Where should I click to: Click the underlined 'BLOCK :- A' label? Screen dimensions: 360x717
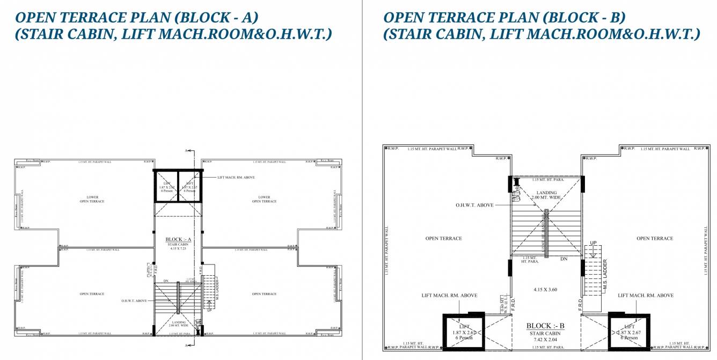pyautogui.click(x=178, y=239)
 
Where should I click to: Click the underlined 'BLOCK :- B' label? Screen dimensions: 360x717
pyautogui.click(x=546, y=326)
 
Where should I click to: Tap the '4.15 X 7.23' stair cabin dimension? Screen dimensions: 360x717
pyautogui.click(x=178, y=248)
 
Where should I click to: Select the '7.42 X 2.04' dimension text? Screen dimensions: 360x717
pyautogui.click(x=546, y=340)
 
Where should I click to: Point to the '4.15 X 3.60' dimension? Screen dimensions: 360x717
pyautogui.click(x=546, y=289)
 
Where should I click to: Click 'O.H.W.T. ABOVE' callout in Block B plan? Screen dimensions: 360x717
pyautogui.click(x=474, y=205)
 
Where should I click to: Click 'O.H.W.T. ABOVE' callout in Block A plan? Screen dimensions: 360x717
pyautogui.click(x=134, y=301)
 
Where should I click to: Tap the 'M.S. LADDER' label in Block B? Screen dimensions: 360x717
pyautogui.click(x=605, y=276)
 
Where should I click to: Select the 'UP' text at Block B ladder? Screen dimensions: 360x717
pyautogui.click(x=593, y=243)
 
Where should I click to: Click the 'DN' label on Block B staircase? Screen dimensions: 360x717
pyautogui.click(x=564, y=259)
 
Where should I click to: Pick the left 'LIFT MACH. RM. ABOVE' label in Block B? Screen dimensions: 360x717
pyautogui.click(x=449, y=296)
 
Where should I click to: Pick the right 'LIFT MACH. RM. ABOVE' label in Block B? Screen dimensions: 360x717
pyautogui.click(x=646, y=296)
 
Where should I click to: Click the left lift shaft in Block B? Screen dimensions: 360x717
pyautogui.click(x=464, y=332)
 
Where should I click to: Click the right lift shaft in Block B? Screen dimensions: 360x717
pyautogui.click(x=629, y=332)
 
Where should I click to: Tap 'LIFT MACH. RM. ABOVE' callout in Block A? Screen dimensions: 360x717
pyautogui.click(x=237, y=177)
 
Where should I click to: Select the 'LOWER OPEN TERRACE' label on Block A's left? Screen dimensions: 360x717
pyautogui.click(x=92, y=199)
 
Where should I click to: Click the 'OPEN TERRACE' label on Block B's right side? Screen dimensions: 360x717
pyautogui.click(x=654, y=238)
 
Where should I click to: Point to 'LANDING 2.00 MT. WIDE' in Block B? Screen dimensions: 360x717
pyautogui.click(x=546, y=195)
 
